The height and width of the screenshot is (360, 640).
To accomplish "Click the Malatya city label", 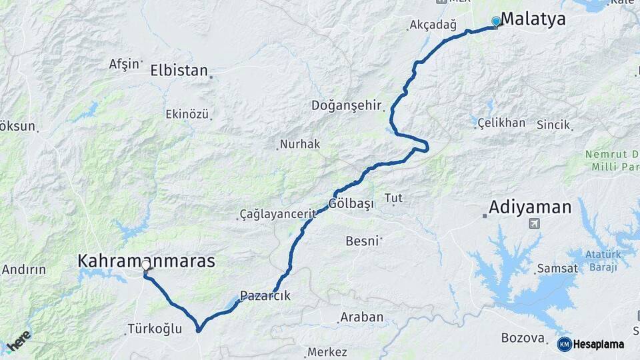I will coord(533,19).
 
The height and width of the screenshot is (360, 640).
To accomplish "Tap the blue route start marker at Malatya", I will coord(495,21).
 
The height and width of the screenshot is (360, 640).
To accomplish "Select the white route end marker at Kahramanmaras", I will coord(145,265).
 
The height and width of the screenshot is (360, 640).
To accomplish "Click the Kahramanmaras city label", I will coord(147,261).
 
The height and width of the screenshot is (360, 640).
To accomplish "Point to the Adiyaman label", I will coord(530,207).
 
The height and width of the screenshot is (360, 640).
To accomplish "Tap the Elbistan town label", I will coord(179,70).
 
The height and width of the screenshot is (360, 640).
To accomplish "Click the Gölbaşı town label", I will coord(351,203).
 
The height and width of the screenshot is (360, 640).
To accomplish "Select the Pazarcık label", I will coord(265,296).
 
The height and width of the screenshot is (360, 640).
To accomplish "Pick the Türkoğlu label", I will coord(154,329).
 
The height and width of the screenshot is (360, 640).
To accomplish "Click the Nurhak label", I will coord(300,144).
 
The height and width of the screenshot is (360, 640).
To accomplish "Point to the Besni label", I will coord(362,241).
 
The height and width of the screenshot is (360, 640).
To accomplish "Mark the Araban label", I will coord(361,317).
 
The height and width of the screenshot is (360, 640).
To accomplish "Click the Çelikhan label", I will coord(502,123).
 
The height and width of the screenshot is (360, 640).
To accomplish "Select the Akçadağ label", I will coord(433,26).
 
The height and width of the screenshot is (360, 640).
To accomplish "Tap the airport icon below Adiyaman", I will coord(533,223).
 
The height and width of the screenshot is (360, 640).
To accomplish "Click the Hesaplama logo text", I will coord(598,345).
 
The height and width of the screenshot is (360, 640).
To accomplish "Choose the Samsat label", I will coord(555,268).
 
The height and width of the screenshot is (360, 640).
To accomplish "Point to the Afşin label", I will coord(125,64).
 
